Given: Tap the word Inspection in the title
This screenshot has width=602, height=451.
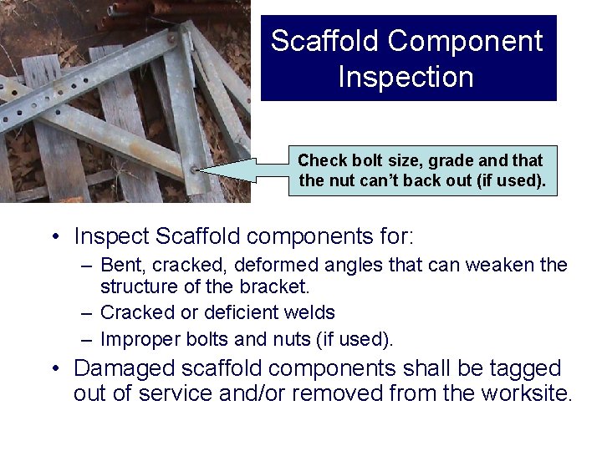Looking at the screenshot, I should pyautogui.click(x=406, y=77).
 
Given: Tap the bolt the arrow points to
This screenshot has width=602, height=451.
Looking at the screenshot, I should pyautogui.click(x=194, y=170).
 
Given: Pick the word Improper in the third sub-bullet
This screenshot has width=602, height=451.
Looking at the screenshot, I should pyautogui.click(x=135, y=339).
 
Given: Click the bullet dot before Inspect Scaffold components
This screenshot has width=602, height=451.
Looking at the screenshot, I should pyautogui.click(x=54, y=237).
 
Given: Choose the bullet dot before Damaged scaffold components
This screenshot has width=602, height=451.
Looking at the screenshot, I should pyautogui.click(x=54, y=368).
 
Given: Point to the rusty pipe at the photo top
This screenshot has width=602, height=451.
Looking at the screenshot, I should pyautogui.click(x=167, y=10).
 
